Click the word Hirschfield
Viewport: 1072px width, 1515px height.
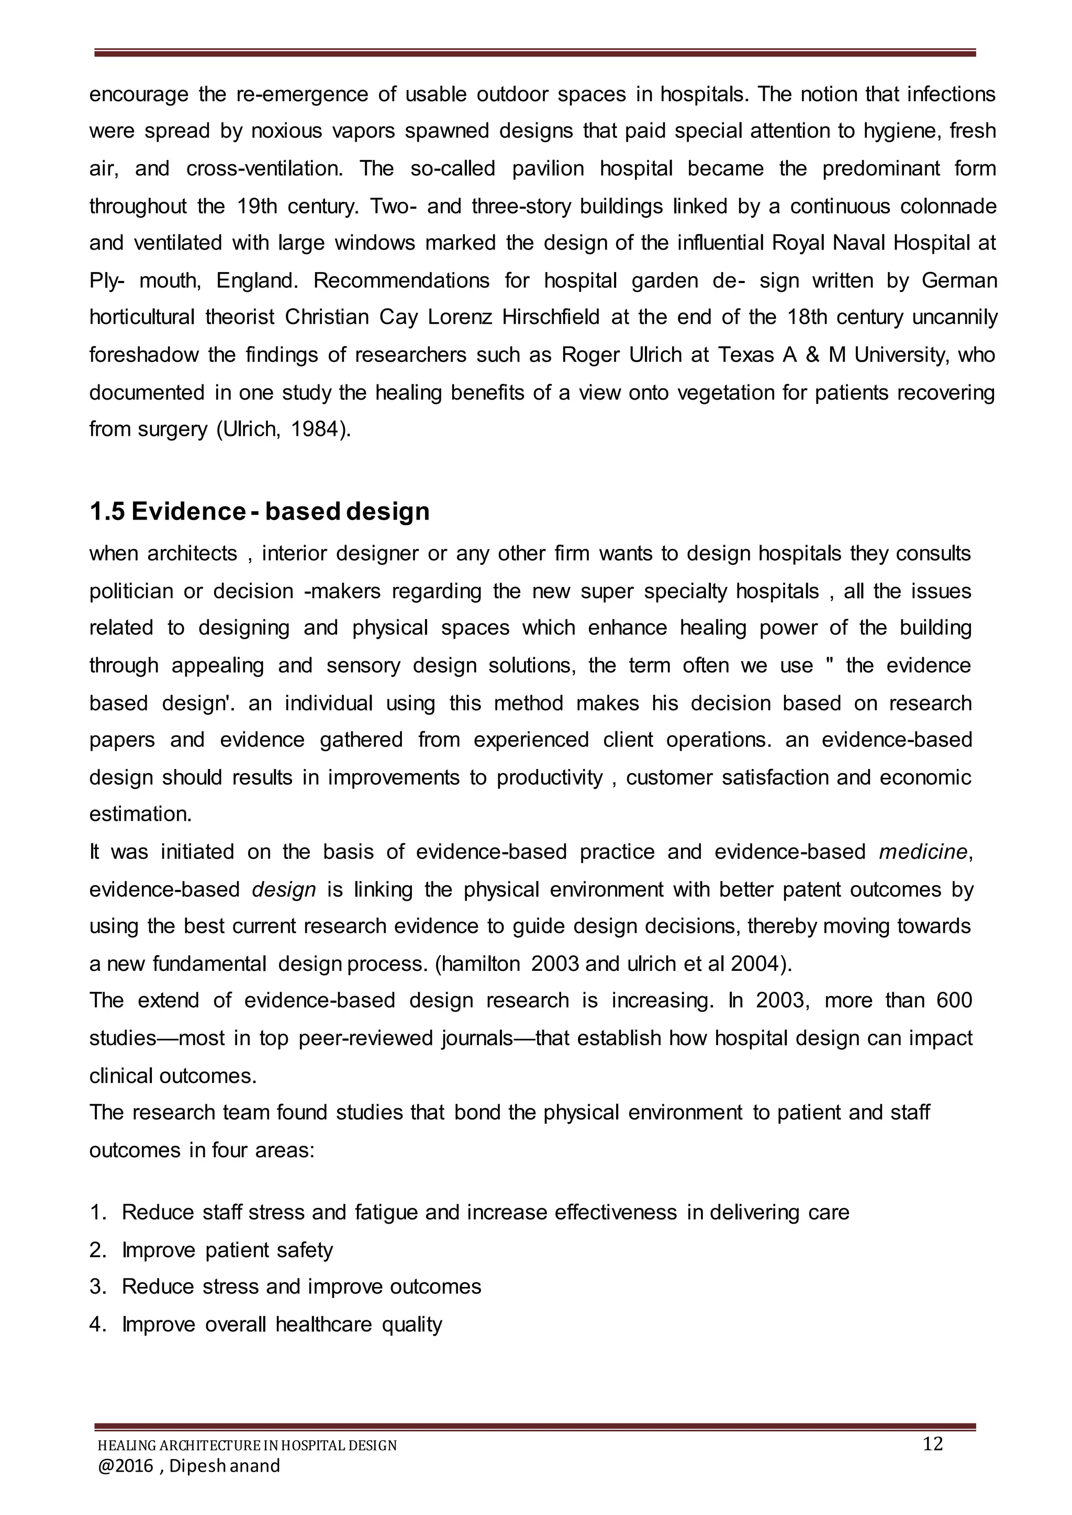(551, 318)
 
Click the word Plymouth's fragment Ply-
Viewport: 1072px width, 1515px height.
(106, 280)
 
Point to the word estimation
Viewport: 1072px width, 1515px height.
(140, 814)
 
